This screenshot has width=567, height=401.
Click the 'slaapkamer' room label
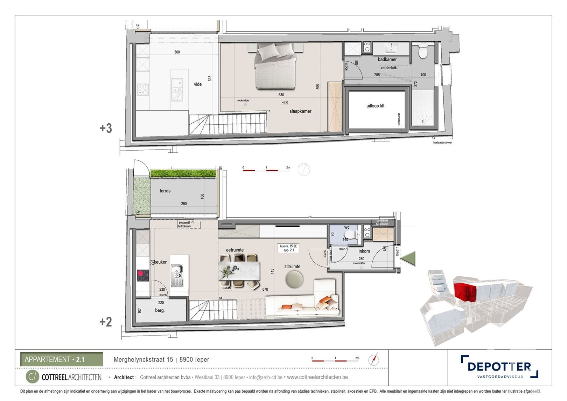[x=300, y=111]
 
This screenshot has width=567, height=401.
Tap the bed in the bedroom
[x=275, y=67]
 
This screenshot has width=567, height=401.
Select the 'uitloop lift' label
[x=375, y=106]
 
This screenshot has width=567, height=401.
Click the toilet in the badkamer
[x=423, y=51]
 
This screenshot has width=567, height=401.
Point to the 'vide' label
[x=198, y=84]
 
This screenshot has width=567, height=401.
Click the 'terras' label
[x=165, y=191]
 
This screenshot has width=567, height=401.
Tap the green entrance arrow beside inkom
[x=408, y=259]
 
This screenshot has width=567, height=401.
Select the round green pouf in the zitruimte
[x=294, y=279]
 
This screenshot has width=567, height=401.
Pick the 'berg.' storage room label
[x=160, y=311]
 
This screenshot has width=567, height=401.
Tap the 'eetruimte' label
[x=235, y=250]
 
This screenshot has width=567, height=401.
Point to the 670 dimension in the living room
[x=265, y=290]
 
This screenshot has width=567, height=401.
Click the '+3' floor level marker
[x=106, y=128]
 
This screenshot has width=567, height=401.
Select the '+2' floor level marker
[x=106, y=322]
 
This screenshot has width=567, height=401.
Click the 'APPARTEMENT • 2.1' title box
[x=62, y=359]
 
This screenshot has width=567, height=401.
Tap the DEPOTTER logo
[x=499, y=367]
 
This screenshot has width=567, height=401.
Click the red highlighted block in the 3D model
[x=465, y=291]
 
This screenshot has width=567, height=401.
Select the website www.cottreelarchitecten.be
[x=317, y=377]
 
